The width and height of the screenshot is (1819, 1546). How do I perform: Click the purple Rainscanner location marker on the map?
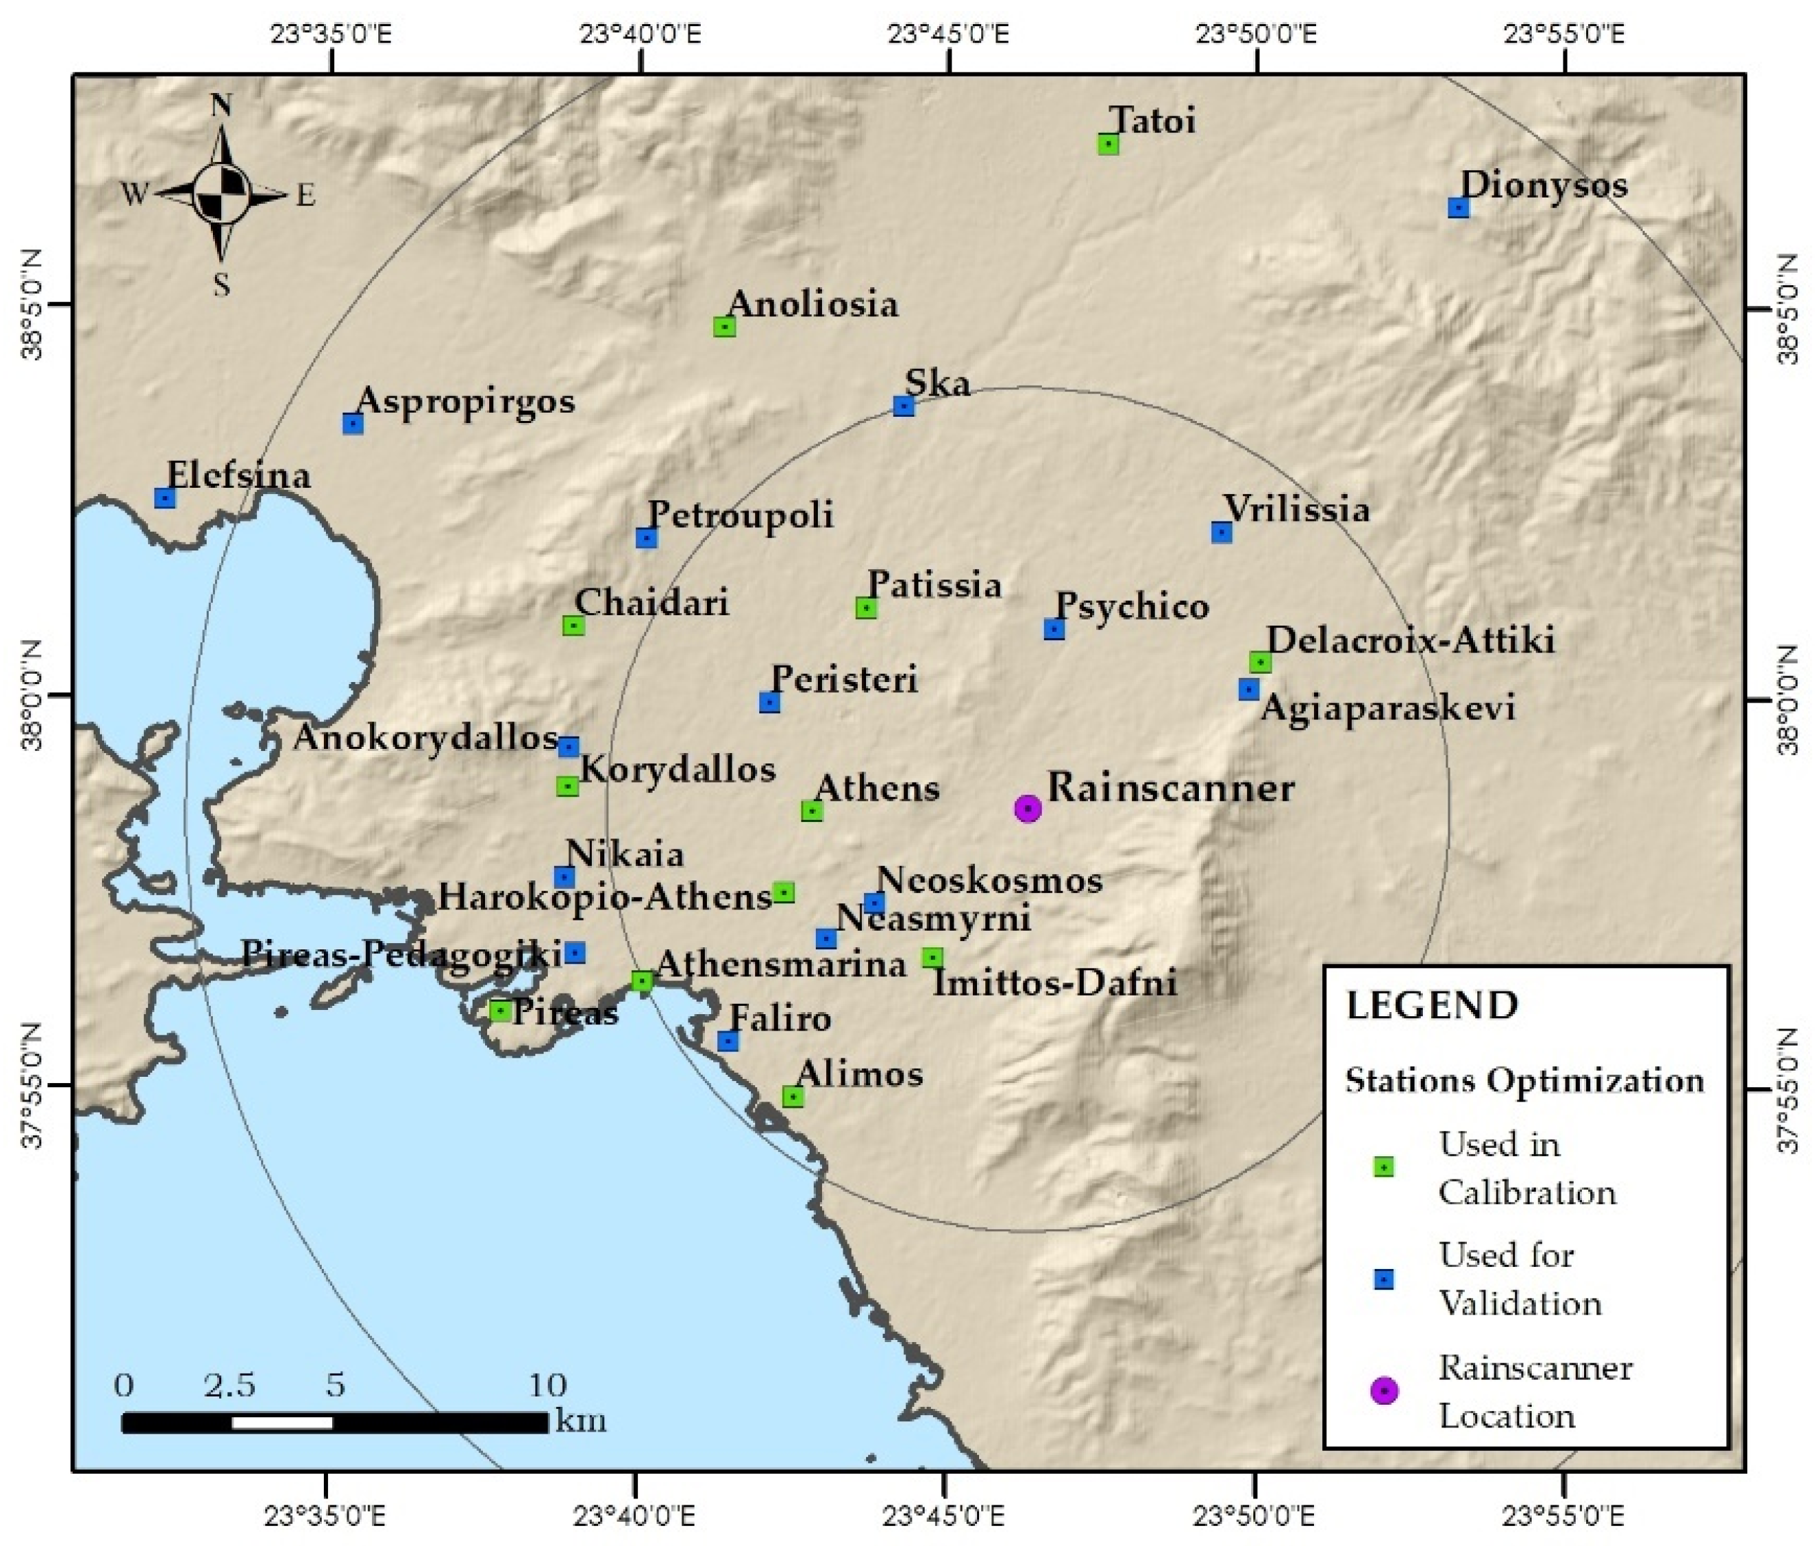tap(1027, 808)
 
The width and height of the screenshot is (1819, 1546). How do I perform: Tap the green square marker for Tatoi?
tap(1108, 144)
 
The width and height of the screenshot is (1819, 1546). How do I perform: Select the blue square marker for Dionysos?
tap(1458, 207)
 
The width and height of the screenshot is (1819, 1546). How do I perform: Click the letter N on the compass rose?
tap(221, 106)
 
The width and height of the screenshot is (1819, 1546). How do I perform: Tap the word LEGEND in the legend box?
tap(1432, 1005)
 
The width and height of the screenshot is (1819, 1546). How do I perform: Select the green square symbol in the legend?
tap(1384, 1167)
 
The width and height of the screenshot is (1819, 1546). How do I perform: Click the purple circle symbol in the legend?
tap(1384, 1391)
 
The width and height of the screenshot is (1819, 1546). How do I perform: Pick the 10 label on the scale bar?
tap(547, 1385)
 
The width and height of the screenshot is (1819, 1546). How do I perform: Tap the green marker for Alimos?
tap(792, 1096)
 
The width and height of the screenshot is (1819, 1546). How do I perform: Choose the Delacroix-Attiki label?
tap(1410, 640)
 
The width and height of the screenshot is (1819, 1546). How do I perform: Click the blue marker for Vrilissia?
tap(1221, 532)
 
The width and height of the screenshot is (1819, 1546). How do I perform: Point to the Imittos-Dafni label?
tap(1054, 982)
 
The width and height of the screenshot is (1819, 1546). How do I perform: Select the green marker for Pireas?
tap(500, 1011)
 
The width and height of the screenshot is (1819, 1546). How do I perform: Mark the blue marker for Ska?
tap(904, 406)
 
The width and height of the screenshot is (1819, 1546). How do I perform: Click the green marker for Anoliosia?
tap(724, 327)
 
